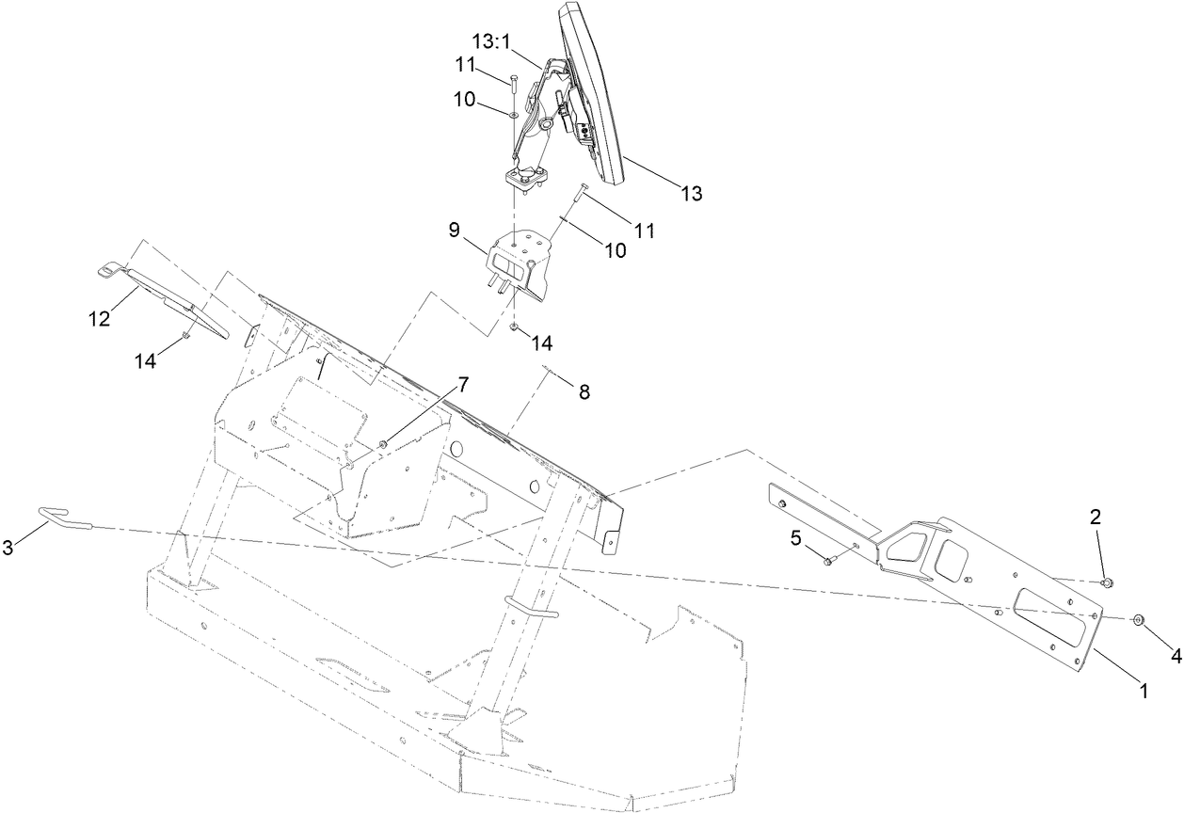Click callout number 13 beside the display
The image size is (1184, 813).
coord(691,194)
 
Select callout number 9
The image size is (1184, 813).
coord(454,229)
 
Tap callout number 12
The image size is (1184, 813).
coord(100,318)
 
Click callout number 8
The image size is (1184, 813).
coord(584,392)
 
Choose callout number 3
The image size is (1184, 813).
coord(8,548)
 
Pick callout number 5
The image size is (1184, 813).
coord(795,537)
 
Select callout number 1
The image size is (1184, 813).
coord(1144,690)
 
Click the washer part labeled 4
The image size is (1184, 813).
coord(1138,619)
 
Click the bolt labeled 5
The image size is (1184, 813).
coord(828,561)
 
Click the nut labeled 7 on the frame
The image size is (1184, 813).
coord(384,443)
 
